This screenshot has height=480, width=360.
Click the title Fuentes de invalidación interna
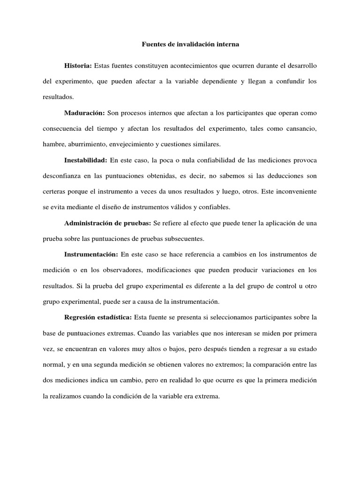[x=190, y=45]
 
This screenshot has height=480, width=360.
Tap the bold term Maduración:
[x=84, y=112]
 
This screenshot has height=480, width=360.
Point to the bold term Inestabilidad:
[x=86, y=160]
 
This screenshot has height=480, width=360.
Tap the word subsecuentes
[x=182, y=239]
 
